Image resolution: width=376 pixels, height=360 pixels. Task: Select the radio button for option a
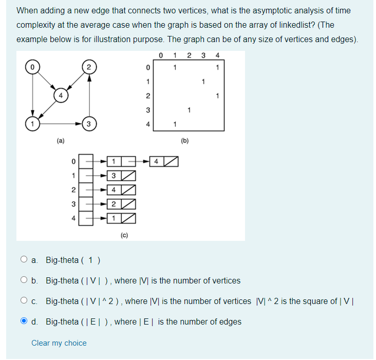click(x=24, y=260)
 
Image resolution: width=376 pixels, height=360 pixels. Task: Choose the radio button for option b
click(x=24, y=280)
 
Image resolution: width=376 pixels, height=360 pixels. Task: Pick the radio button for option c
click(x=24, y=301)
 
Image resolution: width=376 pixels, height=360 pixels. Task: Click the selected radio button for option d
click(x=24, y=321)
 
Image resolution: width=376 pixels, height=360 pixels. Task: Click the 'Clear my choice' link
click(x=59, y=343)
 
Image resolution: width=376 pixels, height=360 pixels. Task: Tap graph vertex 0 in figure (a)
click(x=33, y=67)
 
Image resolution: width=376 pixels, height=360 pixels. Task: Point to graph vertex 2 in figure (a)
click(x=89, y=67)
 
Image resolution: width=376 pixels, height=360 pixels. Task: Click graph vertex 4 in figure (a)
click(x=61, y=95)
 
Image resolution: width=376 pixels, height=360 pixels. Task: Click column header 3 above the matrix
click(x=204, y=55)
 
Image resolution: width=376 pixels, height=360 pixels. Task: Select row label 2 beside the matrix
click(x=147, y=96)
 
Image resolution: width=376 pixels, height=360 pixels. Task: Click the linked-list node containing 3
click(x=114, y=176)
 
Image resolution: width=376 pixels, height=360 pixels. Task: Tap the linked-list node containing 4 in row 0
click(x=156, y=162)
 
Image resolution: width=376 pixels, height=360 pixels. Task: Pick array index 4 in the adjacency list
click(x=74, y=218)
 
